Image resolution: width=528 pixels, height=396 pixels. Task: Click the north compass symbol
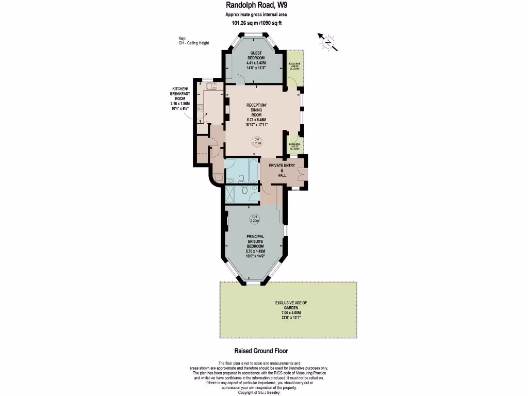(x=327, y=42)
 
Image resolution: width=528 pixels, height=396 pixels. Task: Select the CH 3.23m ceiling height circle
(x=256, y=141)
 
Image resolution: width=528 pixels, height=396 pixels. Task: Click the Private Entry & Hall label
(x=282, y=170)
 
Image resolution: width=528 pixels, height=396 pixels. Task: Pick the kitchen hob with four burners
(x=201, y=109)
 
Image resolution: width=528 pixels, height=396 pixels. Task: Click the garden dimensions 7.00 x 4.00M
(x=288, y=312)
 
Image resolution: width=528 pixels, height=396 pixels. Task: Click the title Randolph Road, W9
(x=256, y=6)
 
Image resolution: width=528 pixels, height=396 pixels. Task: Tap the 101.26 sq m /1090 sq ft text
(x=256, y=23)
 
